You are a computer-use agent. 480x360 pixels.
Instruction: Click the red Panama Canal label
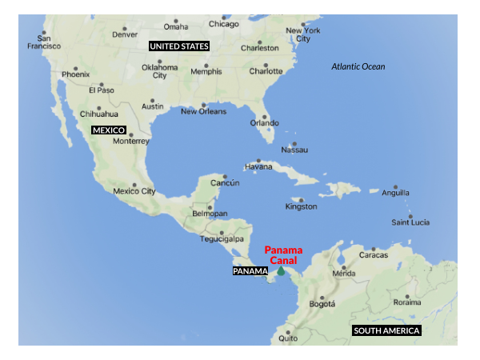click(283, 255)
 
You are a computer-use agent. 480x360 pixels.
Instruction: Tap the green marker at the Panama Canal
click(281, 271)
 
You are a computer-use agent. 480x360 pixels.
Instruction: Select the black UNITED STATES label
click(179, 46)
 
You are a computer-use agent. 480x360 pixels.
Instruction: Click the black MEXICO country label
click(108, 130)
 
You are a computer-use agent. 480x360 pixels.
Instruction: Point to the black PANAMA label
click(250, 271)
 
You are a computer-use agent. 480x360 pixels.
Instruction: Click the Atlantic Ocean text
click(358, 66)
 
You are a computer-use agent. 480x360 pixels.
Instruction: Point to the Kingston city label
click(301, 207)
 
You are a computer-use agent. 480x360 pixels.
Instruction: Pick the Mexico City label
click(134, 191)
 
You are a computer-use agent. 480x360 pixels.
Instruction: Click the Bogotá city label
click(322, 304)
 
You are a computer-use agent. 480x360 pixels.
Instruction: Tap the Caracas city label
click(373, 255)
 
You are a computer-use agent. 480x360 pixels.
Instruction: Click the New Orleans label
click(203, 111)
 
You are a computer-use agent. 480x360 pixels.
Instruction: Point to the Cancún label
click(225, 183)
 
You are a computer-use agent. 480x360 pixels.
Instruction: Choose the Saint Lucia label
click(410, 222)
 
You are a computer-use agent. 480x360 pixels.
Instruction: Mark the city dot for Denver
click(124, 24)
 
